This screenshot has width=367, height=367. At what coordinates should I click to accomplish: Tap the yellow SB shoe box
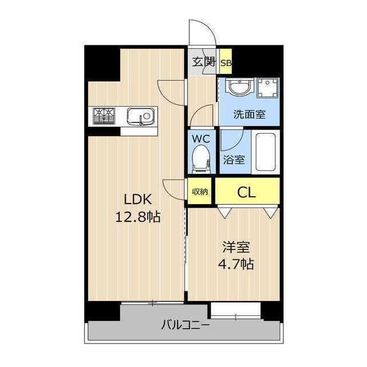[x=225, y=63]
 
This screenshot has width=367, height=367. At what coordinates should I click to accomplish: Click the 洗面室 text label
[x=249, y=114]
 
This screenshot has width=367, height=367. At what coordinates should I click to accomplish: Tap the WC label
[x=201, y=139]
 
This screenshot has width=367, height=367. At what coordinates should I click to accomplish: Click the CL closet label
[x=247, y=192]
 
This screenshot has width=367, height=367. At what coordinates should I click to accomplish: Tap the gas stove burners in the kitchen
[x=104, y=116]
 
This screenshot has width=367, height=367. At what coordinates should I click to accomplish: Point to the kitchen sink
[x=140, y=117]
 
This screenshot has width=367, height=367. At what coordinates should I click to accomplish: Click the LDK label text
[x=138, y=200]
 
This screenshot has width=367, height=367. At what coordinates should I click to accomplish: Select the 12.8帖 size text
[x=138, y=217]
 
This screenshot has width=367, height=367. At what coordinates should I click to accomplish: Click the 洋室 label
[x=236, y=248]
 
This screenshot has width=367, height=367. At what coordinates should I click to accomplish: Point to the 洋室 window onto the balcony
[x=235, y=311]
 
